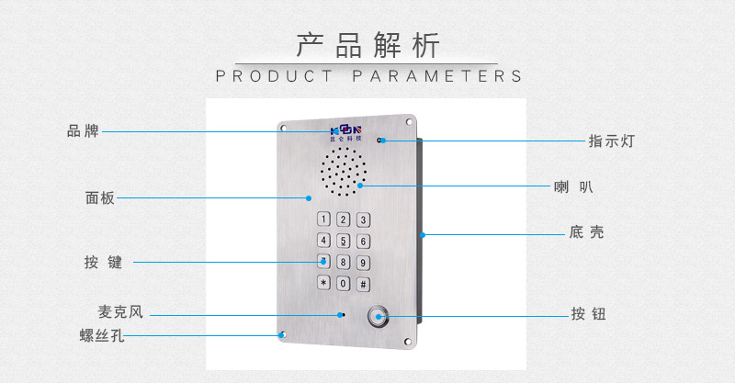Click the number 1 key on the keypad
click(x=323, y=219)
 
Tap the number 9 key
click(x=363, y=263)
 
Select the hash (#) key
click(x=363, y=284)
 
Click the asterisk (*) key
click(x=323, y=283)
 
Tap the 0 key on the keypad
click(x=343, y=283)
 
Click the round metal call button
click(x=378, y=317)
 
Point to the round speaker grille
click(x=344, y=172)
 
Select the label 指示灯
click(x=611, y=141)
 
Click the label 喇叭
click(x=573, y=187)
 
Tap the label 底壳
click(x=586, y=232)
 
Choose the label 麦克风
click(x=120, y=311)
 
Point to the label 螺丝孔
click(x=102, y=335)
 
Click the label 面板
click(x=100, y=197)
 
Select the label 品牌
click(x=83, y=130)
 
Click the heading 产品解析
click(x=368, y=46)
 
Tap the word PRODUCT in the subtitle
click(x=274, y=76)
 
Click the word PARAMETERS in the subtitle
click(x=437, y=76)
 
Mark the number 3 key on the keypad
click(x=363, y=220)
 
